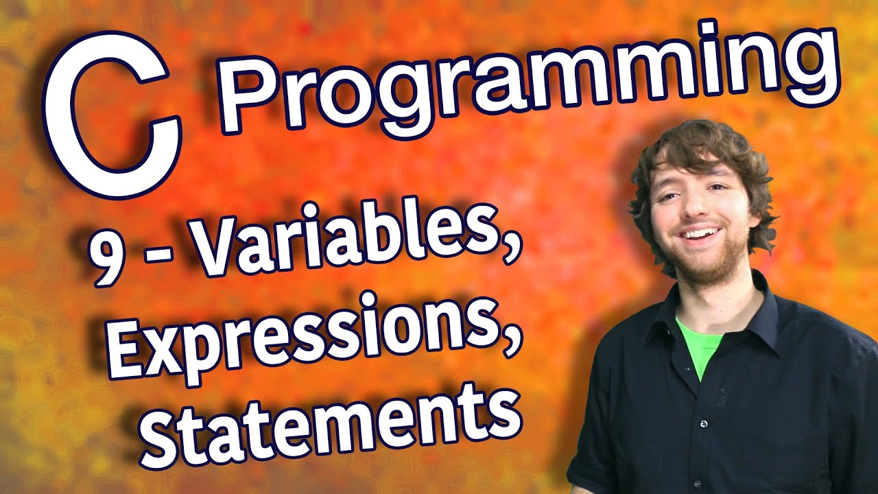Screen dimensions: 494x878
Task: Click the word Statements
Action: pyautogui.click(x=329, y=419)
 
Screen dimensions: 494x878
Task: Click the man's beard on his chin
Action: pyautogui.click(x=707, y=264)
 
